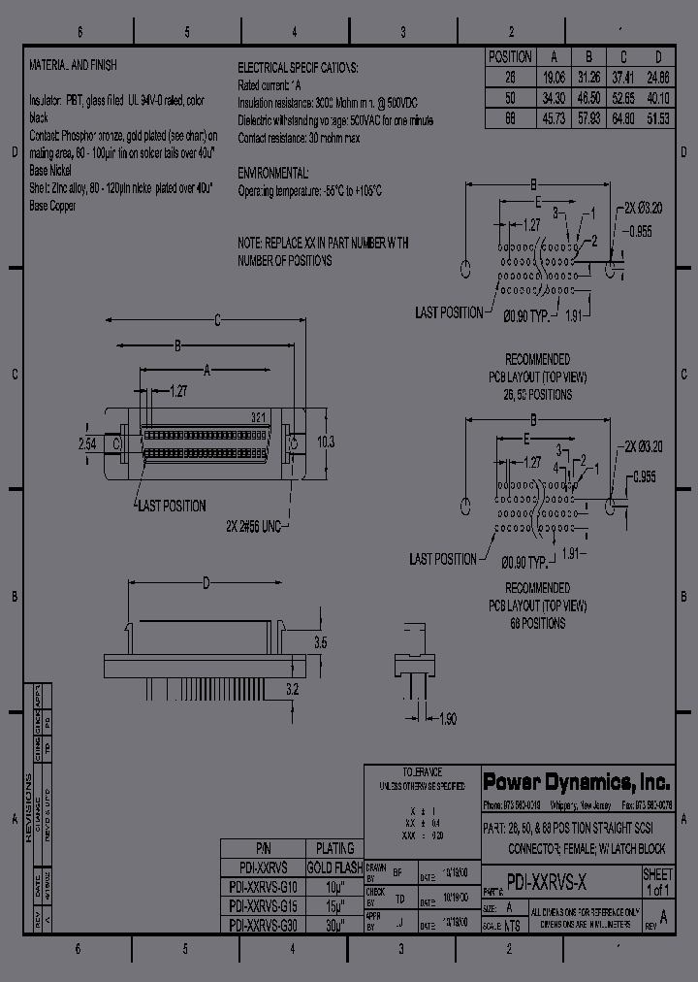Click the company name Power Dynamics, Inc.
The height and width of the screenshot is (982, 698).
(x=577, y=783)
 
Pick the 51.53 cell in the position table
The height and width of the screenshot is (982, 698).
(x=658, y=118)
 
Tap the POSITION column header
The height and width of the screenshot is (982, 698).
(x=509, y=57)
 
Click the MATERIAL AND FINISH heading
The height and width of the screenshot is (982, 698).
(x=73, y=66)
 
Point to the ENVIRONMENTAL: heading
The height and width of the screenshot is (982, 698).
(x=273, y=173)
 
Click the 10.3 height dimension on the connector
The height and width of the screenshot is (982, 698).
(x=326, y=442)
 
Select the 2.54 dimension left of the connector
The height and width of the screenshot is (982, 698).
(x=87, y=442)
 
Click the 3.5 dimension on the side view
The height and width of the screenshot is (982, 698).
(x=319, y=643)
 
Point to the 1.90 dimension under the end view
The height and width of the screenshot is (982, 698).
(x=448, y=718)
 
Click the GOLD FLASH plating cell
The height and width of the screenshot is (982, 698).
(x=333, y=868)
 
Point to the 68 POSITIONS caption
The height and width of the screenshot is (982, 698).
(x=537, y=624)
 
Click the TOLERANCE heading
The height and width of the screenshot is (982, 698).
(x=422, y=770)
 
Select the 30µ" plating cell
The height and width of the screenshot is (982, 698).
(x=333, y=925)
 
